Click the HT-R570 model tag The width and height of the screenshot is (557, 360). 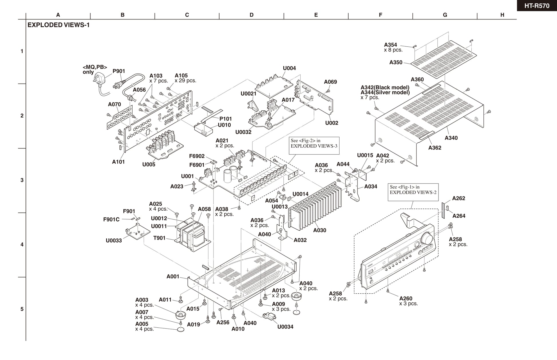(537, 5)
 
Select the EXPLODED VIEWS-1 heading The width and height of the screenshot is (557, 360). (58, 25)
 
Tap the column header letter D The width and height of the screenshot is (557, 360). (251, 15)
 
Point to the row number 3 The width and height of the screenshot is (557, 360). (22, 180)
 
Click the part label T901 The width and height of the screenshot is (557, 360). (159, 238)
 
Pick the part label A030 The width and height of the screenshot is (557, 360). (319, 230)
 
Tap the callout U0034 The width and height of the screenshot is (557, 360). (285, 327)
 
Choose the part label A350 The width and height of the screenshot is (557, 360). (396, 62)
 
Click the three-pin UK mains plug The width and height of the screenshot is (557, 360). (99, 78)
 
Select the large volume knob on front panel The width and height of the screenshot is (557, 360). (427, 238)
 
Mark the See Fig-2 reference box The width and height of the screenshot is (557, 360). (314, 146)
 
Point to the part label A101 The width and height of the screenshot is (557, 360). (118, 162)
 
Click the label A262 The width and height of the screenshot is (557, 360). (459, 198)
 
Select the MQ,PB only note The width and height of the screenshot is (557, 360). (95, 70)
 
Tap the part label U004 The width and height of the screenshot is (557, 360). (289, 68)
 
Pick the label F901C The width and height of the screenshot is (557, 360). (111, 219)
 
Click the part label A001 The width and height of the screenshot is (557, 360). (173, 276)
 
